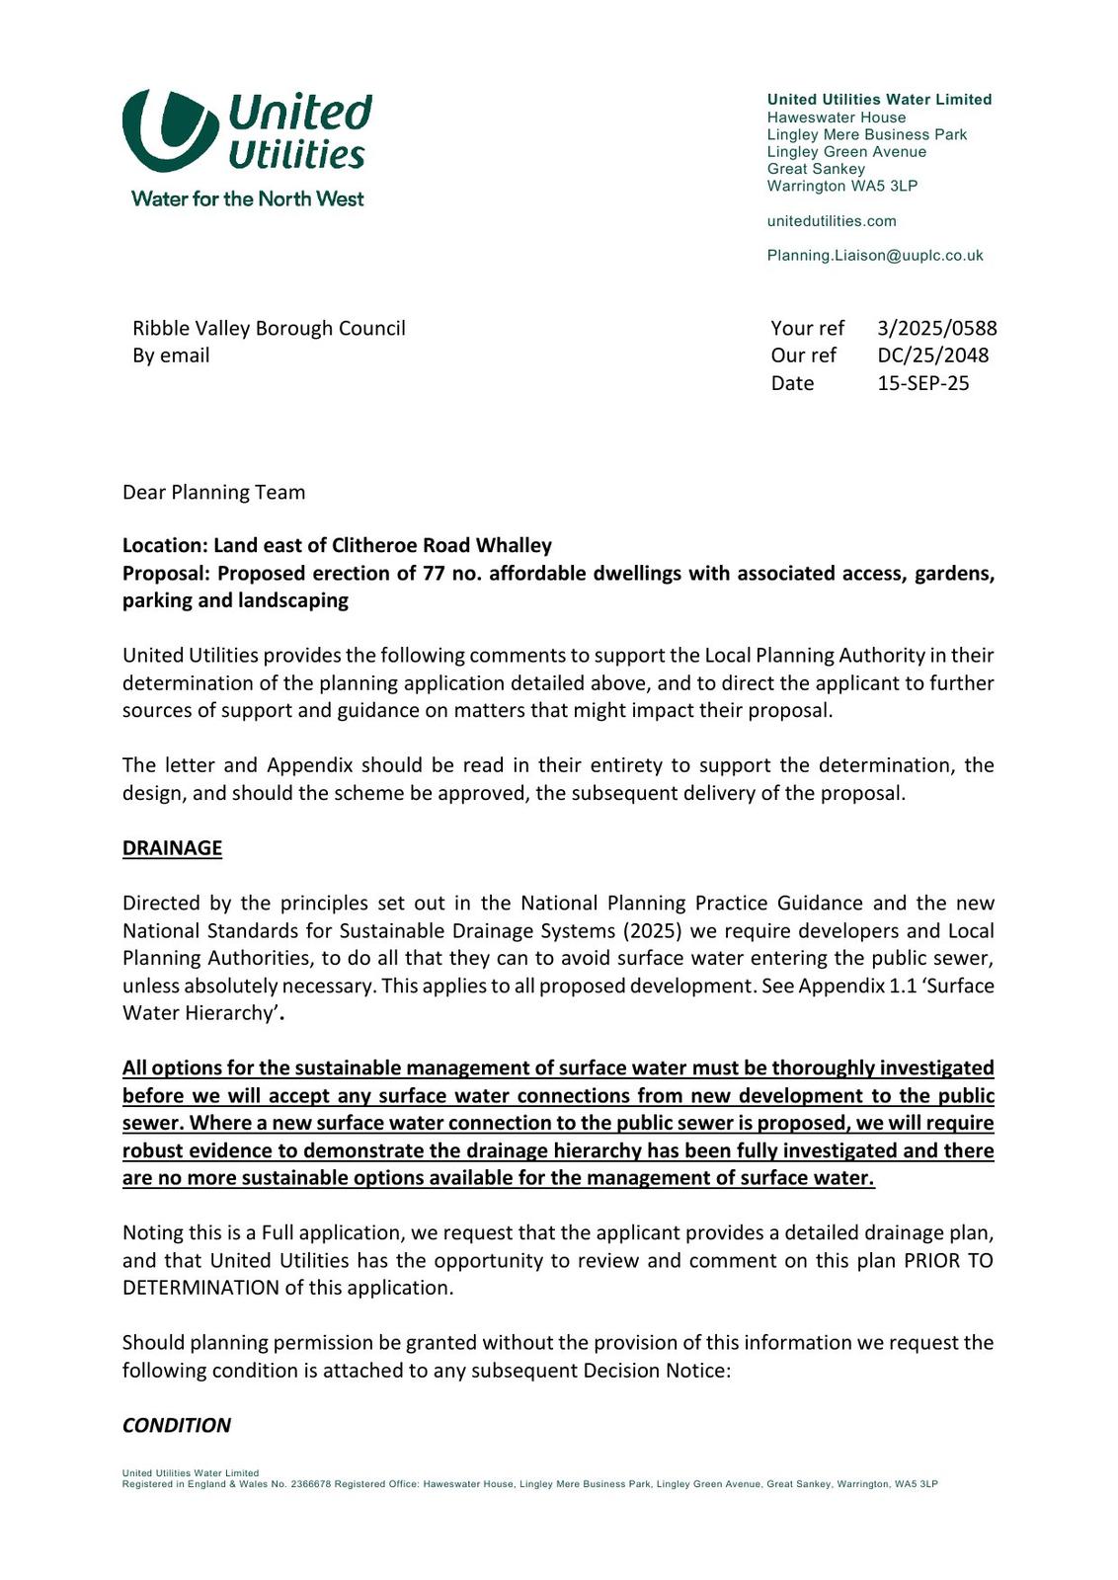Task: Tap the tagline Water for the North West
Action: click(x=247, y=198)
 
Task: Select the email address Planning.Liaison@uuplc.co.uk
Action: click(x=875, y=256)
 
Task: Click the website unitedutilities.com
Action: click(x=832, y=221)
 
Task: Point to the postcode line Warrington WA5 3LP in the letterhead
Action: click(x=841, y=186)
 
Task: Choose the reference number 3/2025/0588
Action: click(x=936, y=328)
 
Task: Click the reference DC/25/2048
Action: click(x=932, y=355)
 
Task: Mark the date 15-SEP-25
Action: click(x=923, y=383)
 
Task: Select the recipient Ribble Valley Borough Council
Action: click(x=269, y=328)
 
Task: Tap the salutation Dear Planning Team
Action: click(x=213, y=492)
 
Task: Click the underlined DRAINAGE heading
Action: click(x=172, y=848)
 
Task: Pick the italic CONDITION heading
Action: click(x=177, y=1425)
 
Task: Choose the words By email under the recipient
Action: click(x=171, y=355)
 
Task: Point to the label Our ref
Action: click(x=803, y=355)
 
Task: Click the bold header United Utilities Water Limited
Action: click(x=879, y=100)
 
